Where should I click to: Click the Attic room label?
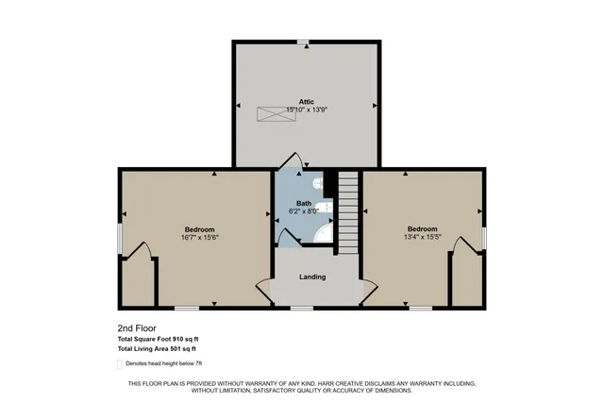click(306, 101)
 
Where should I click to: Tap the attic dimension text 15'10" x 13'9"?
click(306, 109)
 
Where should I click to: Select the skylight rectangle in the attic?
click(271, 113)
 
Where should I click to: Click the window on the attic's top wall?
click(303, 42)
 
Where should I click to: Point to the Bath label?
click(304, 203)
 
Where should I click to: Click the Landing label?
click(312, 277)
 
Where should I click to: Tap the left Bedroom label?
click(199, 230)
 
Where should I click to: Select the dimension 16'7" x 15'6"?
click(199, 239)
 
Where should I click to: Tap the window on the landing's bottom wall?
click(302, 308)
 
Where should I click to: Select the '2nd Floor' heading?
click(135, 327)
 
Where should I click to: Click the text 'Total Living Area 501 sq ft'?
click(158, 349)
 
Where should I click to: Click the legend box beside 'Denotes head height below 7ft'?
click(120, 363)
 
